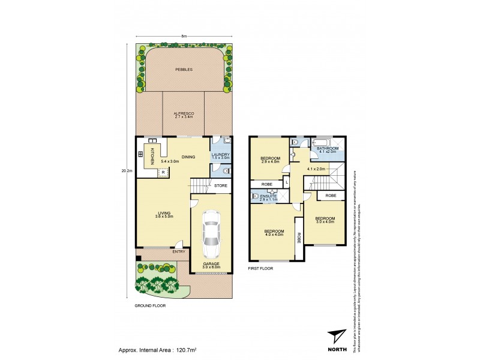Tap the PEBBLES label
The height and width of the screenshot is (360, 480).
184,70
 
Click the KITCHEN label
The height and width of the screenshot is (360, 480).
152,157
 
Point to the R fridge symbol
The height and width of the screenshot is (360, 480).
162,172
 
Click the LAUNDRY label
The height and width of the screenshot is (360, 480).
220,155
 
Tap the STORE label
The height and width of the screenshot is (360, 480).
221,185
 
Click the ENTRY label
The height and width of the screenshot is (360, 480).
179,251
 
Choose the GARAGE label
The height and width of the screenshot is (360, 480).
211,263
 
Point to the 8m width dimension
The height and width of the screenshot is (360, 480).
184,37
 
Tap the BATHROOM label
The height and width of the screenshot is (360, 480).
328,148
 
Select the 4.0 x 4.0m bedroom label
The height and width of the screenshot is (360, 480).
273,233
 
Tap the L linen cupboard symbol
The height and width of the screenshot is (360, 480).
287,181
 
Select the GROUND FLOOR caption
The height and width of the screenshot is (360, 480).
150,305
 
